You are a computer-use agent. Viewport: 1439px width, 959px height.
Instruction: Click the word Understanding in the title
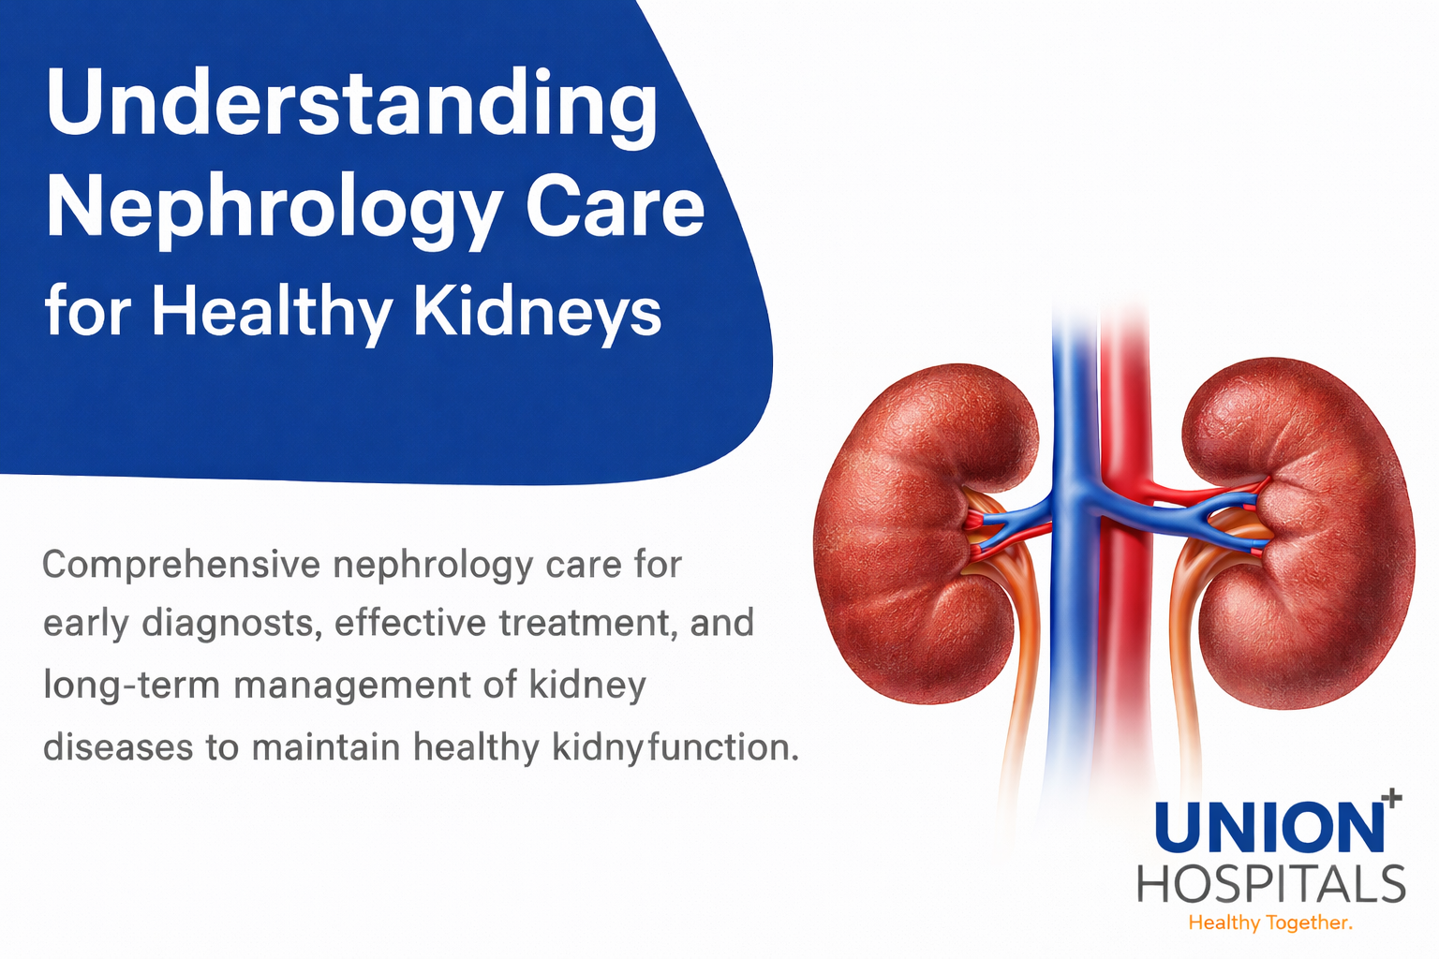[x=351, y=105]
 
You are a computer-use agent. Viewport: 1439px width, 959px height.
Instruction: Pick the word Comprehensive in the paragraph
[x=182, y=566]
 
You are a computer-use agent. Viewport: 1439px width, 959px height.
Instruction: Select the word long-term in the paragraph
[x=131, y=686]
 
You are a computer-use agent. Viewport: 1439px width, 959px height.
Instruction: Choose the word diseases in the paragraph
[x=117, y=747]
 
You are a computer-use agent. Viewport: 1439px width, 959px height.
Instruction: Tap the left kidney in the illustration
[x=913, y=534]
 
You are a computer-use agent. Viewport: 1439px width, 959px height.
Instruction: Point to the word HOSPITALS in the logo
[x=1271, y=884]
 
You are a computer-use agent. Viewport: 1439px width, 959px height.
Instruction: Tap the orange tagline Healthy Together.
[x=1270, y=923]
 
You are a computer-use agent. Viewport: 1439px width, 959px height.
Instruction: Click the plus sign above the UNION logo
[x=1391, y=798]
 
